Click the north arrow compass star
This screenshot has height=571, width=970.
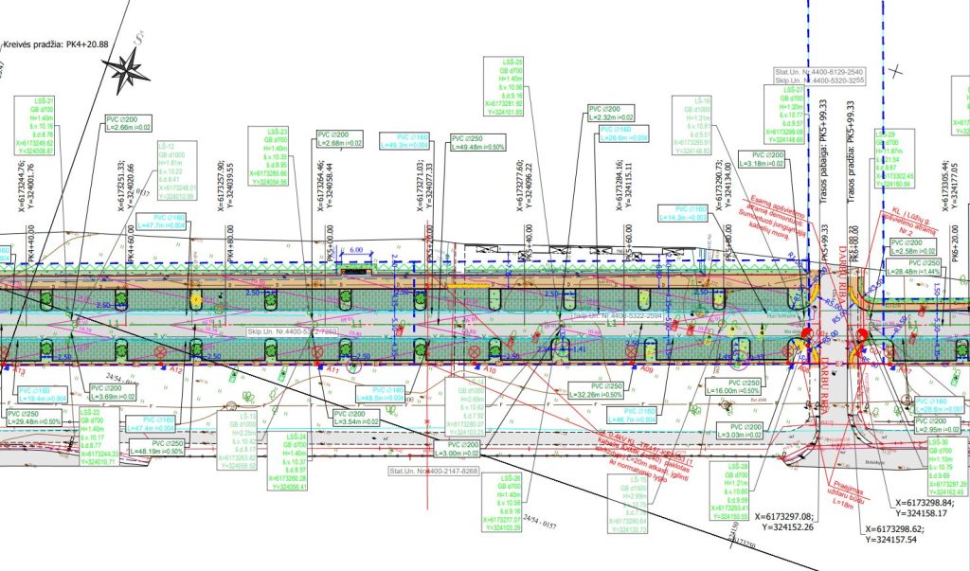(131, 68)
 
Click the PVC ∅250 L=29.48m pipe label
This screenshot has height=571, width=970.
(35, 418)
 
